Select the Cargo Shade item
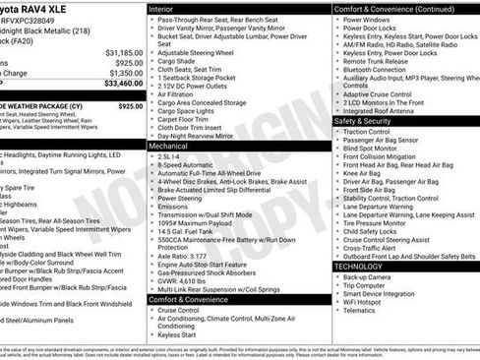click(x=179, y=60)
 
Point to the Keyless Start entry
click(x=177, y=333)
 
